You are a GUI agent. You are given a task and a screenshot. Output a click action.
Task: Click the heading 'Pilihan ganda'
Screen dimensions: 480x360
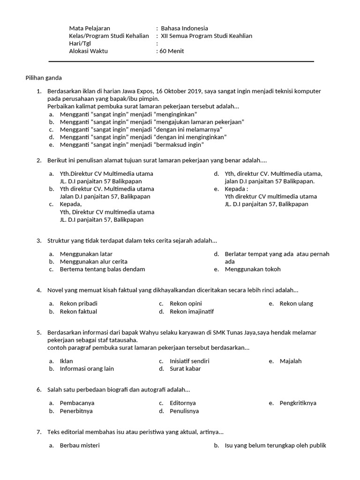coord(44,78)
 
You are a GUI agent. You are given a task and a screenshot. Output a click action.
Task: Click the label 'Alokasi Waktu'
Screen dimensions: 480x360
coord(88,51)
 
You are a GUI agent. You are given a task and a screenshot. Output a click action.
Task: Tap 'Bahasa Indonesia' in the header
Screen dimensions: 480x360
coord(184,28)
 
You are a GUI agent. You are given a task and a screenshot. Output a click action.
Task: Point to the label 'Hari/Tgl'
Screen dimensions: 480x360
coord(80,44)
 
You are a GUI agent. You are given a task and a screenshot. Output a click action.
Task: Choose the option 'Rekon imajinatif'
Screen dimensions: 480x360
coord(192,311)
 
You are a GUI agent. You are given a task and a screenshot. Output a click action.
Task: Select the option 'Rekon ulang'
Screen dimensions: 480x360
coord(296,303)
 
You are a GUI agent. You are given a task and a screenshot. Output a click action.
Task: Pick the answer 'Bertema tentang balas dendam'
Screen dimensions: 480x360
coord(102,269)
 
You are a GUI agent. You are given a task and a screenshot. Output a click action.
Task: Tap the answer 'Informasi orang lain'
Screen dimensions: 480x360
coord(87,368)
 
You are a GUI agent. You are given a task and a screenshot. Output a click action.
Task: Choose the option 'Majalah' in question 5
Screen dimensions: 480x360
coord(290,361)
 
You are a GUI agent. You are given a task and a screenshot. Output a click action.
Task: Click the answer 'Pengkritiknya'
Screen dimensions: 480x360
coord(298,403)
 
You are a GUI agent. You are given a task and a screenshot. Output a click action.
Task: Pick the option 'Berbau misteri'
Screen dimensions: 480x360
coord(80,445)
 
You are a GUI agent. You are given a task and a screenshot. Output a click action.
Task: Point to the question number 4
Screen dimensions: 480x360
coord(39,290)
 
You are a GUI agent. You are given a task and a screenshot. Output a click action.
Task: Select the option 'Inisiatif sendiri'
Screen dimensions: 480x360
coord(189,361)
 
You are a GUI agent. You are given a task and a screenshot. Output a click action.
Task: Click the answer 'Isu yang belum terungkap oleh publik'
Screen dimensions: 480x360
coord(275,445)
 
